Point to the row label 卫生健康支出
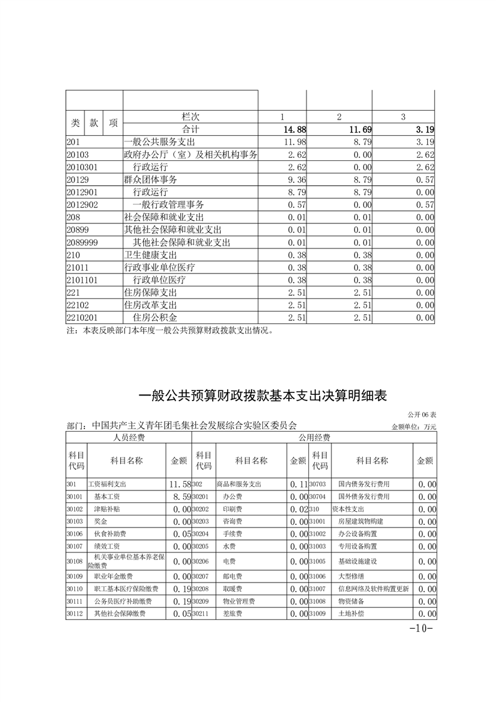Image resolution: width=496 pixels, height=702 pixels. point(151,255)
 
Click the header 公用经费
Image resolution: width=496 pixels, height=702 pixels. point(314,437)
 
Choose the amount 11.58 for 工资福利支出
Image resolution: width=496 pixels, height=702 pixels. point(178,484)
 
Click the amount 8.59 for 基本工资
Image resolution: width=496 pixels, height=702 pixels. point(178,497)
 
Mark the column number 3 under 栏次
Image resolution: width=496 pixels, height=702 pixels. point(403,117)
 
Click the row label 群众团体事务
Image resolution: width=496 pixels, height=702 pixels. point(151,180)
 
